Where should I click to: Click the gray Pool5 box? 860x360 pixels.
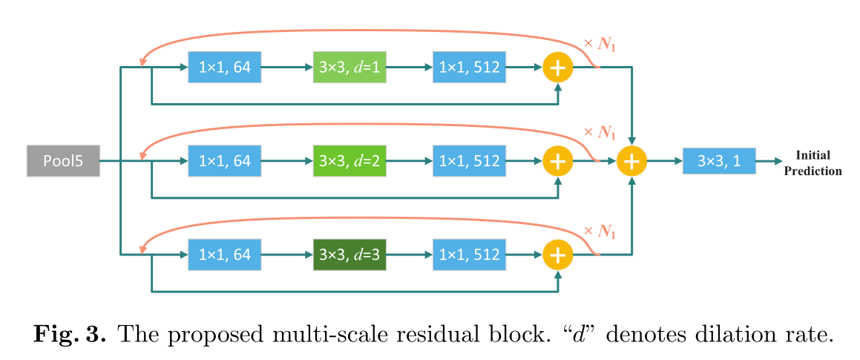62,161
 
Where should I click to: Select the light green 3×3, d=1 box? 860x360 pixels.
349,68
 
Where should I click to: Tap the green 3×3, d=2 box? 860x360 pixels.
349,161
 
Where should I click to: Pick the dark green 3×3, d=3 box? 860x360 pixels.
349,255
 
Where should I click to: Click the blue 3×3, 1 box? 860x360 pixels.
719,161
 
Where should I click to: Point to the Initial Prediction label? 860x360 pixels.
813,163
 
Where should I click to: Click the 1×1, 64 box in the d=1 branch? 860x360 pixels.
225,68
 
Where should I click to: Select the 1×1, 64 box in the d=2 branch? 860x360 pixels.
225,161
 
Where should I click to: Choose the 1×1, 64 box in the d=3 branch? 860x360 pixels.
225,255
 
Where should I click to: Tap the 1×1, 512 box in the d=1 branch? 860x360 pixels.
469,68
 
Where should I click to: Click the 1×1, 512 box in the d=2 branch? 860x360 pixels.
469,161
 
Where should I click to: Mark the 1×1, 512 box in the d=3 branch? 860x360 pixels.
469,255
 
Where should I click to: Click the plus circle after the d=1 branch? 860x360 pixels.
558,68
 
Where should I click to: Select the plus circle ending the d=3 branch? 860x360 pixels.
558,255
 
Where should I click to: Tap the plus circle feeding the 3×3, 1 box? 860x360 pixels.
632,161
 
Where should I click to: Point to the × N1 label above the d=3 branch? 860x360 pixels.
600,230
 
